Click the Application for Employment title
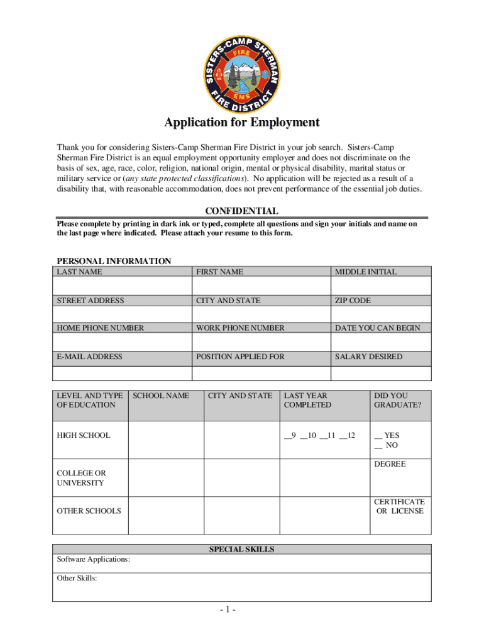242,123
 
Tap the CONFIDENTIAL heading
242,211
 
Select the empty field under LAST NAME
122,286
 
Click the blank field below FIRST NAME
261,286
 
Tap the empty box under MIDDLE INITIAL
381,286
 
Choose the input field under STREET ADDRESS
122,314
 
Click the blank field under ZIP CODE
381,314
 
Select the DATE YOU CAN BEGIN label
377,328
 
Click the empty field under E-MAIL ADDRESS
122,373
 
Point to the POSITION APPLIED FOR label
240,357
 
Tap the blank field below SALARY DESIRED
381,373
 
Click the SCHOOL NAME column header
161,396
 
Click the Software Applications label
94,560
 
